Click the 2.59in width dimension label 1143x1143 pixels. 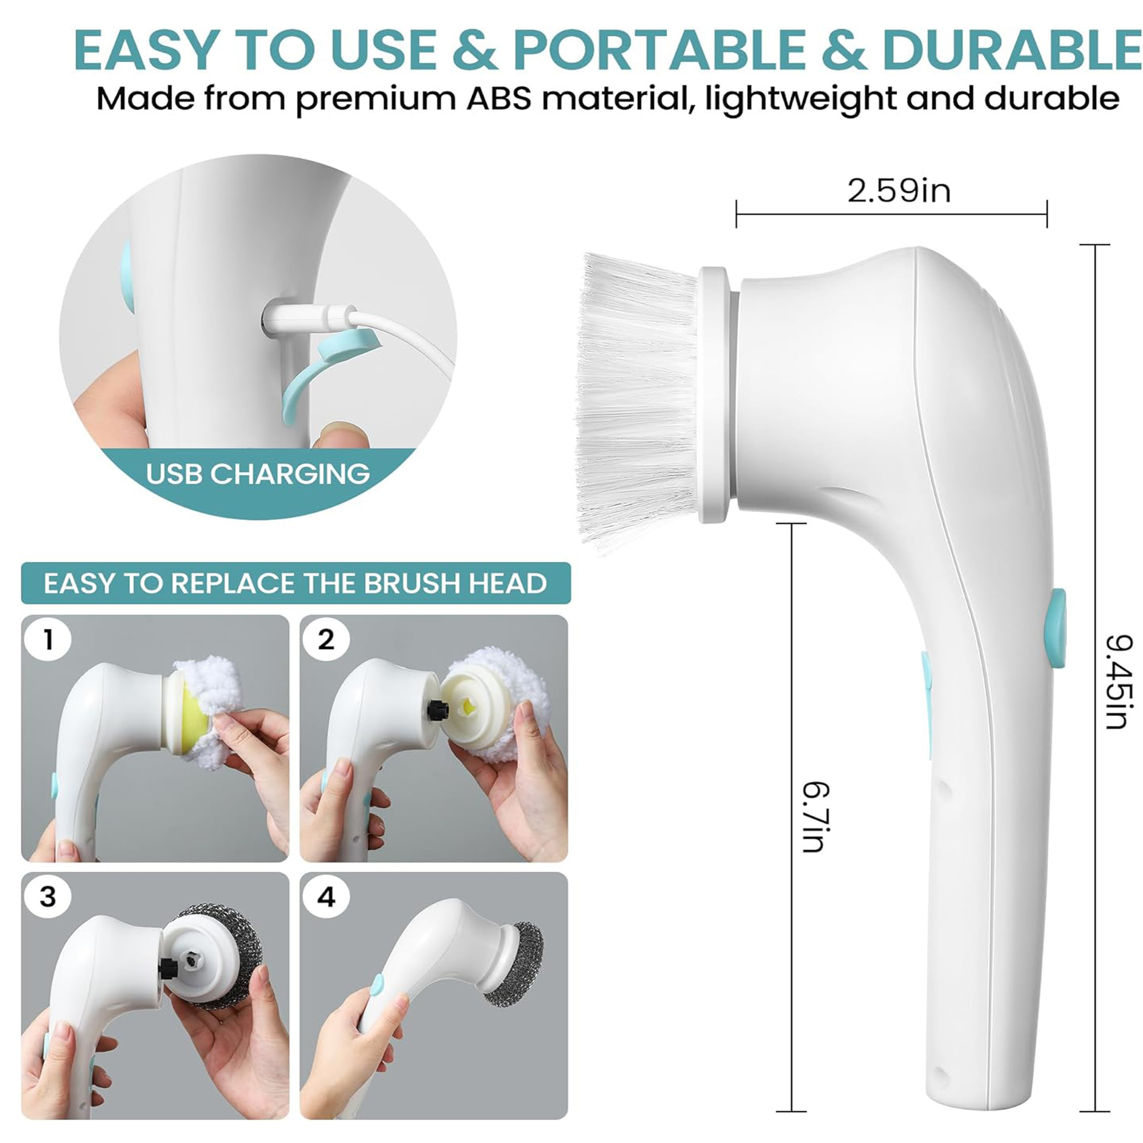tap(898, 191)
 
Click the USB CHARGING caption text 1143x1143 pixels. tap(258, 474)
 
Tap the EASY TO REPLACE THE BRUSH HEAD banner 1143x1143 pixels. tap(296, 584)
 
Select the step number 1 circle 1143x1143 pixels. tap(48, 640)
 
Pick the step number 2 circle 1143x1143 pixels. tap(326, 640)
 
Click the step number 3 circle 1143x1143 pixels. tap(48, 897)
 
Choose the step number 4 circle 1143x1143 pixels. tap(326, 897)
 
